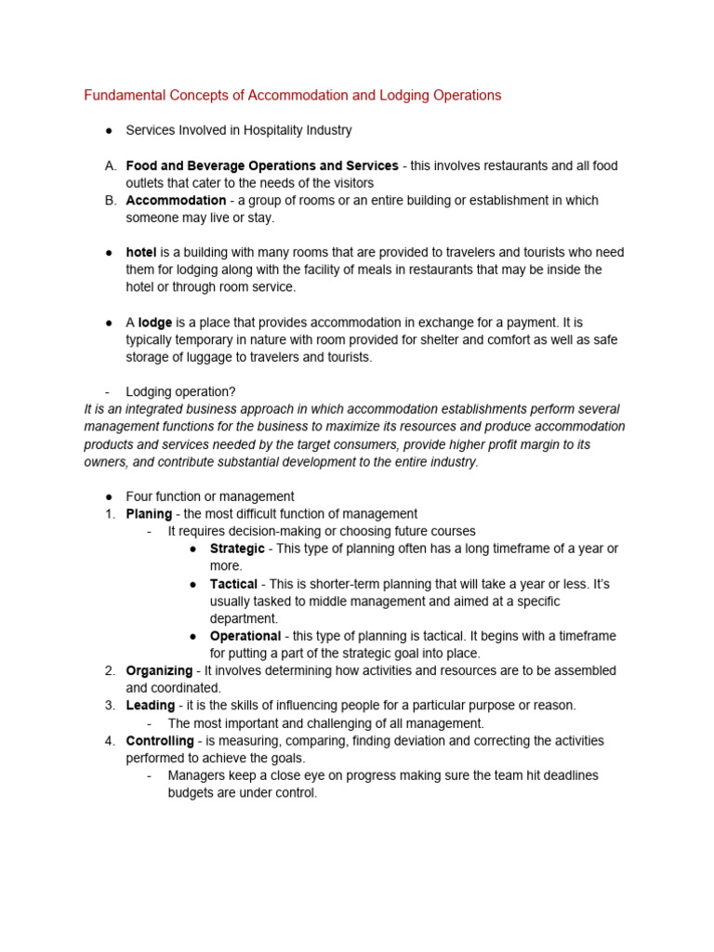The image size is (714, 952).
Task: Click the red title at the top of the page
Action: (x=293, y=95)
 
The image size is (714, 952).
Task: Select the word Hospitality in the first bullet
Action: (x=269, y=131)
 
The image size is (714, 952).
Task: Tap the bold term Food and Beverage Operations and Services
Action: (x=262, y=165)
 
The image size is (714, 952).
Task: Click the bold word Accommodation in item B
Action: (x=176, y=200)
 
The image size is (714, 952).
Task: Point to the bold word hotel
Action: (x=141, y=252)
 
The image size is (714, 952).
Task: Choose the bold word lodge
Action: (x=155, y=323)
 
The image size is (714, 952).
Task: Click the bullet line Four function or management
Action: (x=210, y=496)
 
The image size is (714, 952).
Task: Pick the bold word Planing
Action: (x=149, y=514)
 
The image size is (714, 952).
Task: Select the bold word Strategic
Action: (x=237, y=549)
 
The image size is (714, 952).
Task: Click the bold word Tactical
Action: (x=233, y=584)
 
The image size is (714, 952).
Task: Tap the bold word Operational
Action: (x=245, y=636)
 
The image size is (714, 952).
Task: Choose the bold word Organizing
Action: (x=159, y=670)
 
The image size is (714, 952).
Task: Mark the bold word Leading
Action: (x=151, y=706)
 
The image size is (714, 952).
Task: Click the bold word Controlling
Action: (x=160, y=741)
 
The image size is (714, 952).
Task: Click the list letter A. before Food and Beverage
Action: (x=110, y=165)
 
